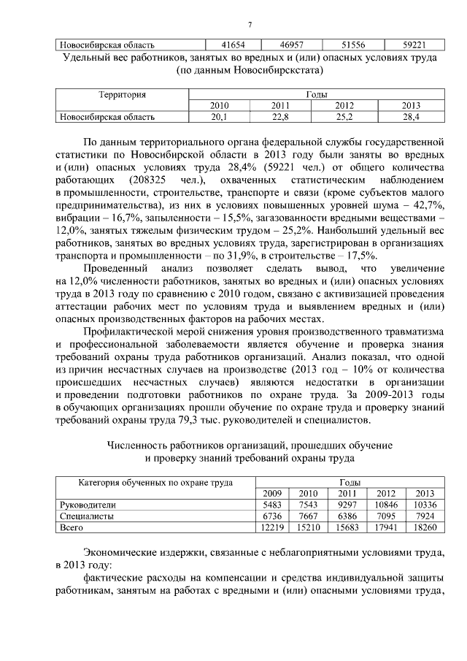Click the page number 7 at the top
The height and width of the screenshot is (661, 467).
[x=249, y=25]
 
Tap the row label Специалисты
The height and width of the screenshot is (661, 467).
[x=85, y=516]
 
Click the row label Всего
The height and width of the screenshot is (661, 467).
[x=72, y=527]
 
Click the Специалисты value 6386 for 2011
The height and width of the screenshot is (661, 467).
[x=347, y=516]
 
